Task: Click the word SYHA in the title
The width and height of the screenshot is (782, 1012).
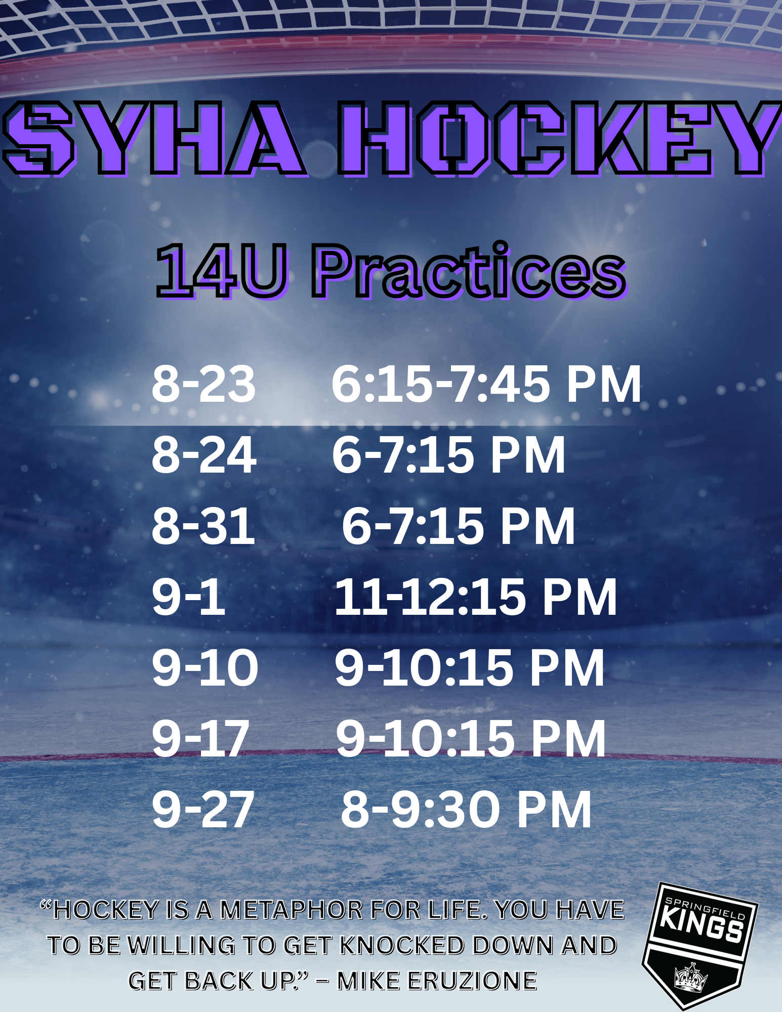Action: tap(154, 138)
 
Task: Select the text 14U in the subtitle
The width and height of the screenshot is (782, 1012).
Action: tap(222, 271)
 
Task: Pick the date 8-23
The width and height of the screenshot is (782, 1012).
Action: tap(203, 384)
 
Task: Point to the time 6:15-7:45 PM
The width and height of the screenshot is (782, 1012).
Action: tap(486, 384)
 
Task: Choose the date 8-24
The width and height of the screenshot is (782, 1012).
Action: tap(204, 455)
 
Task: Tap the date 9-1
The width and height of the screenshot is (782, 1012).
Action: tap(188, 597)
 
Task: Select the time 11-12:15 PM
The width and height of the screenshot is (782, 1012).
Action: tap(476, 597)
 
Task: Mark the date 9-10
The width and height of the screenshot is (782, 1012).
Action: tap(205, 668)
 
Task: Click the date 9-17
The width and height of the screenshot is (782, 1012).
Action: tap(201, 739)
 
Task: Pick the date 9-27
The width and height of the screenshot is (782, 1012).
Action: tap(203, 810)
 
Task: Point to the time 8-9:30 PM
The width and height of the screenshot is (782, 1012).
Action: tap(466, 810)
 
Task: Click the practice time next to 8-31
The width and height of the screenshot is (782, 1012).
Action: tap(459, 526)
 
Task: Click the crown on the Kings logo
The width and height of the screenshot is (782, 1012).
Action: tap(691, 978)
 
